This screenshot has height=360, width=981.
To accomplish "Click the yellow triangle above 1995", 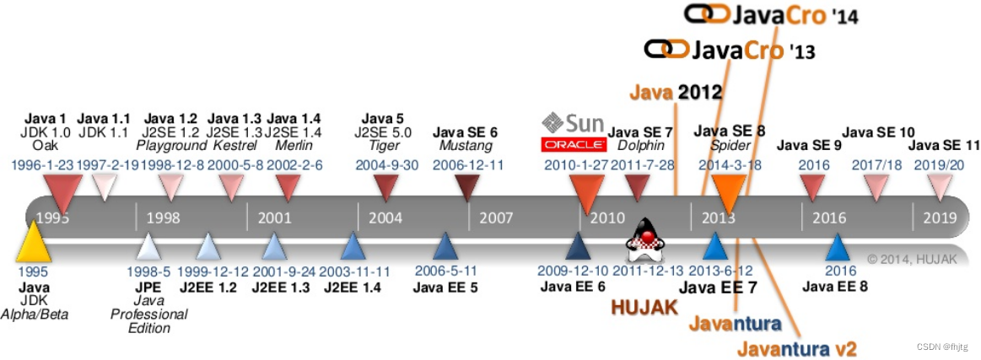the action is coord(34,242).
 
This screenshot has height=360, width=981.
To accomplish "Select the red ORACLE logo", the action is coord(574,144).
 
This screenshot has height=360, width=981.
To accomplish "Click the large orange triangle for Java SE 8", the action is coord(727,193).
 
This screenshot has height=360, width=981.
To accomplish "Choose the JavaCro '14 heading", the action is coord(771,14).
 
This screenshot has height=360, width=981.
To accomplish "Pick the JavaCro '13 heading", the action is coord(729,50).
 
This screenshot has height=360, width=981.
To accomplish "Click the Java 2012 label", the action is coord(676,92).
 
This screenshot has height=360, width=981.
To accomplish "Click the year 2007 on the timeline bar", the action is coord(496,218).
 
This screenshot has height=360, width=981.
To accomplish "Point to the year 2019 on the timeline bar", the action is coord(940,218).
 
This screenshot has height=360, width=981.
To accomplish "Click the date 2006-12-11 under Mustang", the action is coord(467,165).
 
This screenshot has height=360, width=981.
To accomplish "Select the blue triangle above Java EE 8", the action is coord(837,246).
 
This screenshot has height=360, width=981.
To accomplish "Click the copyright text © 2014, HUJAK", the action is coord(913,259).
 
